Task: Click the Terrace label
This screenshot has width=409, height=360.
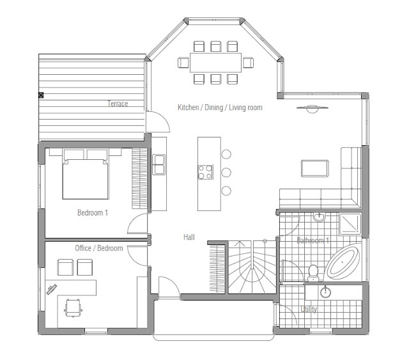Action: pyautogui.click(x=118, y=104)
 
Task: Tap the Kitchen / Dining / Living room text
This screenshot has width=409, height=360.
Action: pyautogui.click(x=220, y=107)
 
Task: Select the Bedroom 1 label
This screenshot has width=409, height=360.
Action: pyautogui.click(x=92, y=213)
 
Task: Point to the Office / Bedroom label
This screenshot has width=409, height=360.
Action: pyautogui.click(x=98, y=248)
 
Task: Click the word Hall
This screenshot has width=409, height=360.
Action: pyautogui.click(x=189, y=237)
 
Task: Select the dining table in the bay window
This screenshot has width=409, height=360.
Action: pyautogui.click(x=215, y=63)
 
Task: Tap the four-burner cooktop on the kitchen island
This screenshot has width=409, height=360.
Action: pyautogui.click(x=205, y=171)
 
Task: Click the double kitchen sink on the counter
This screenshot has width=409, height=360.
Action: pyautogui.click(x=158, y=164)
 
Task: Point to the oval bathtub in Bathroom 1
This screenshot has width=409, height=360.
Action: pyautogui.click(x=343, y=263)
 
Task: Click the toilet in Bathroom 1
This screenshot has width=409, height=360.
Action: pyautogui.click(x=313, y=272)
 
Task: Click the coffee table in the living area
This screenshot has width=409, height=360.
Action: pyautogui.click(x=316, y=168)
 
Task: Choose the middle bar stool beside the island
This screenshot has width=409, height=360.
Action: pyautogui.click(x=226, y=173)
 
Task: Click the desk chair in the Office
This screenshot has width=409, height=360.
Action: pyautogui.click(x=73, y=310)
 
